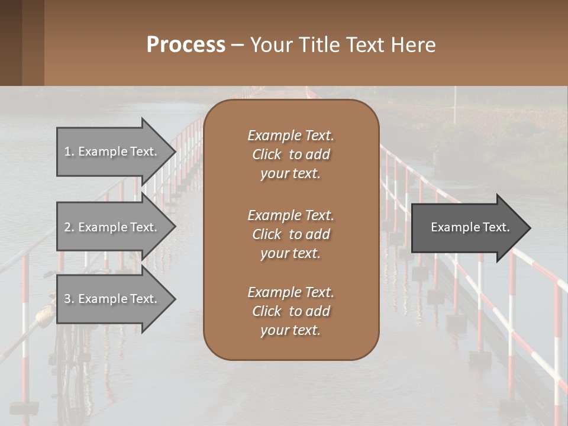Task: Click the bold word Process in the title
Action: pos(186,45)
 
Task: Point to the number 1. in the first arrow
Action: pos(69,151)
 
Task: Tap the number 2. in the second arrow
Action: pos(69,227)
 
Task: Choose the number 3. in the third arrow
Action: pos(69,299)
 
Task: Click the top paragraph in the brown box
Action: pos(291,154)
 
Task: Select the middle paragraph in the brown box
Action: pos(291,234)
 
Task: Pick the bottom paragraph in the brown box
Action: pos(291,311)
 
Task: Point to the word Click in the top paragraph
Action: pos(266,154)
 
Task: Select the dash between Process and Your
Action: pos(237,45)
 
